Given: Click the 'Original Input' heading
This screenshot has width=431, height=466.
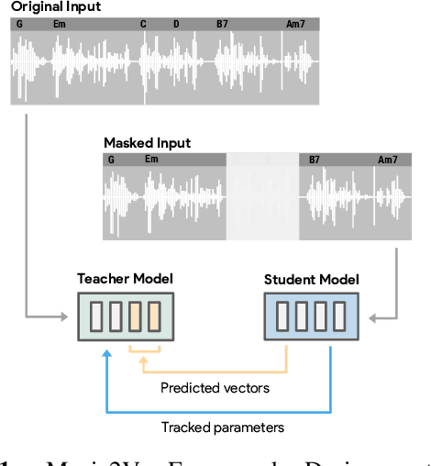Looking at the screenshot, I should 56,7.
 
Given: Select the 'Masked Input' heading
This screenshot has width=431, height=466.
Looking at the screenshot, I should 147,143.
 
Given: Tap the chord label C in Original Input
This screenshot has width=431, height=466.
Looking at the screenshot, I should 143,24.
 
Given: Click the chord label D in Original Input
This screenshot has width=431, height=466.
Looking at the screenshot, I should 176,24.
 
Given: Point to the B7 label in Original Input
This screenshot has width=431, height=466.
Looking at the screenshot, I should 223,24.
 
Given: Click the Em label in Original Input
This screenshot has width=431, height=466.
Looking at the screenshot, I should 60,24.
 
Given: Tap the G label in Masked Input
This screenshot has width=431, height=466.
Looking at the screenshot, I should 111,160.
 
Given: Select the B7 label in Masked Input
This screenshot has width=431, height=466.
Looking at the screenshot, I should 315,160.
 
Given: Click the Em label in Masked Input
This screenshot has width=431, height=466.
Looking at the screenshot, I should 151,160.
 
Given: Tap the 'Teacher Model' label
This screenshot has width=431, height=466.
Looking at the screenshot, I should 124,278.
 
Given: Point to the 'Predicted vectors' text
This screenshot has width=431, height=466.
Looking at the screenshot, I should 215,388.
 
